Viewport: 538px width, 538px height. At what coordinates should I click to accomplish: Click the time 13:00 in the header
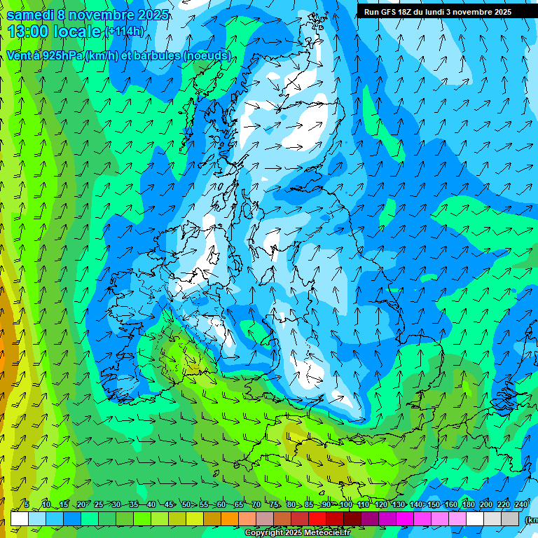pyautogui.click(x=34, y=32)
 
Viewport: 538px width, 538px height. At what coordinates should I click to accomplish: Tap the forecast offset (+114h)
pyautogui.click(x=125, y=32)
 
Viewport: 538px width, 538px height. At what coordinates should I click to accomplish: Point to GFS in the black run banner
pyautogui.click(x=392, y=12)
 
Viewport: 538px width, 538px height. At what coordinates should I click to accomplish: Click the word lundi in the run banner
pyautogui.click(x=444, y=12)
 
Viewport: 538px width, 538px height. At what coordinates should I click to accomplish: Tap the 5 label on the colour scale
pyautogui.click(x=27, y=504)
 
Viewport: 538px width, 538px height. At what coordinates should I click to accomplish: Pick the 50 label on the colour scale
pyautogui.click(x=185, y=504)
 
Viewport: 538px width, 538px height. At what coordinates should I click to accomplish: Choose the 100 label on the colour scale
pyautogui.click(x=345, y=504)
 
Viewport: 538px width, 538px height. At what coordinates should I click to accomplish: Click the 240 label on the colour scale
pyautogui.click(x=521, y=504)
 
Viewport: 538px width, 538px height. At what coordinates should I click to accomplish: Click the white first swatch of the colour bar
pyautogui.click(x=20, y=518)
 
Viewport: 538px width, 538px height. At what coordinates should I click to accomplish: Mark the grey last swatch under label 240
pyautogui.click(x=511, y=518)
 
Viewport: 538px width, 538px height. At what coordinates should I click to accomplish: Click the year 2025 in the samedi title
pyautogui.click(x=149, y=15)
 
